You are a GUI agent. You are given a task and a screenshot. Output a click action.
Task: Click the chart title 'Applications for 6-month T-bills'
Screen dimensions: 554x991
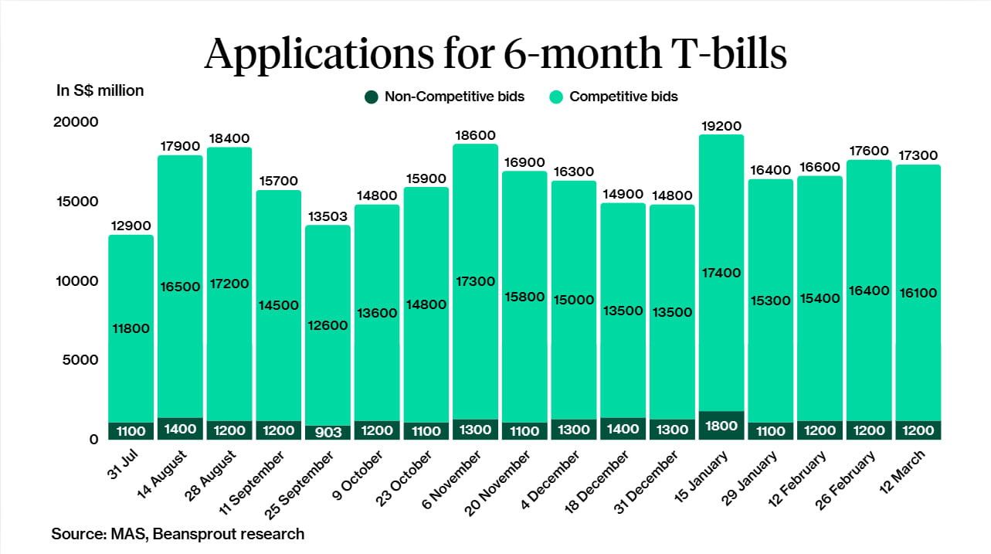(x=495, y=53)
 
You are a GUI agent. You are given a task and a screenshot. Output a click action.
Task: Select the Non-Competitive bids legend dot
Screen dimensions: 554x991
(x=371, y=97)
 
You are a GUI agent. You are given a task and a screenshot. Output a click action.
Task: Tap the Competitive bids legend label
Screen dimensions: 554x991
(x=623, y=97)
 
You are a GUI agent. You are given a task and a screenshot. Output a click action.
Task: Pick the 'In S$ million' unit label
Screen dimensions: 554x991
(x=100, y=90)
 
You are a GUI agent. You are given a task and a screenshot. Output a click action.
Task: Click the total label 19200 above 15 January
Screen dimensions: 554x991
(x=721, y=126)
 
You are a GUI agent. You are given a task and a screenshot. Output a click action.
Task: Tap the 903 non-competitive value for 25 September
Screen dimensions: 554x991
(x=328, y=433)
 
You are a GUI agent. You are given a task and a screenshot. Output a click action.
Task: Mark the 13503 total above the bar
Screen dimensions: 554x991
(x=328, y=216)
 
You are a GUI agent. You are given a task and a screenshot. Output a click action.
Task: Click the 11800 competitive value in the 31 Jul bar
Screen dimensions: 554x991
(x=131, y=328)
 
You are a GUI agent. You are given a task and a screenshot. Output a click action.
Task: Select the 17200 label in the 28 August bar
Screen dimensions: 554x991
(x=229, y=284)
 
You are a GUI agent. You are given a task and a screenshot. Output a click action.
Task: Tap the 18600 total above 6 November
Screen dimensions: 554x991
(x=475, y=135)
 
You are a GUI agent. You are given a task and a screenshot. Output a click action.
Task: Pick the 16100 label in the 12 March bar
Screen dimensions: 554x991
(x=918, y=292)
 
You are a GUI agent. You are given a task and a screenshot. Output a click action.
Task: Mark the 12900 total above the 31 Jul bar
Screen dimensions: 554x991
(x=131, y=226)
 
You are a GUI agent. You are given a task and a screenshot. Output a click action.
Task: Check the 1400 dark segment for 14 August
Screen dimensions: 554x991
(x=180, y=430)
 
